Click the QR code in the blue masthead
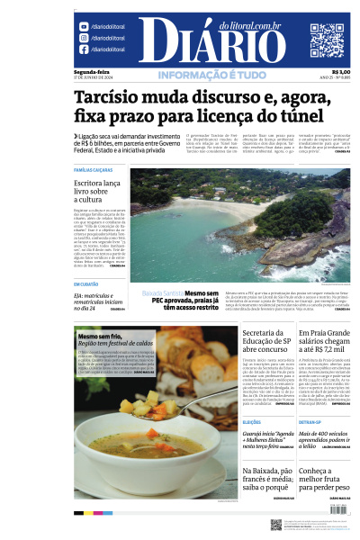[327, 40]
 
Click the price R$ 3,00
[341, 71]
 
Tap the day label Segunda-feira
[93, 71]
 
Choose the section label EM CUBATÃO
[86, 284]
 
